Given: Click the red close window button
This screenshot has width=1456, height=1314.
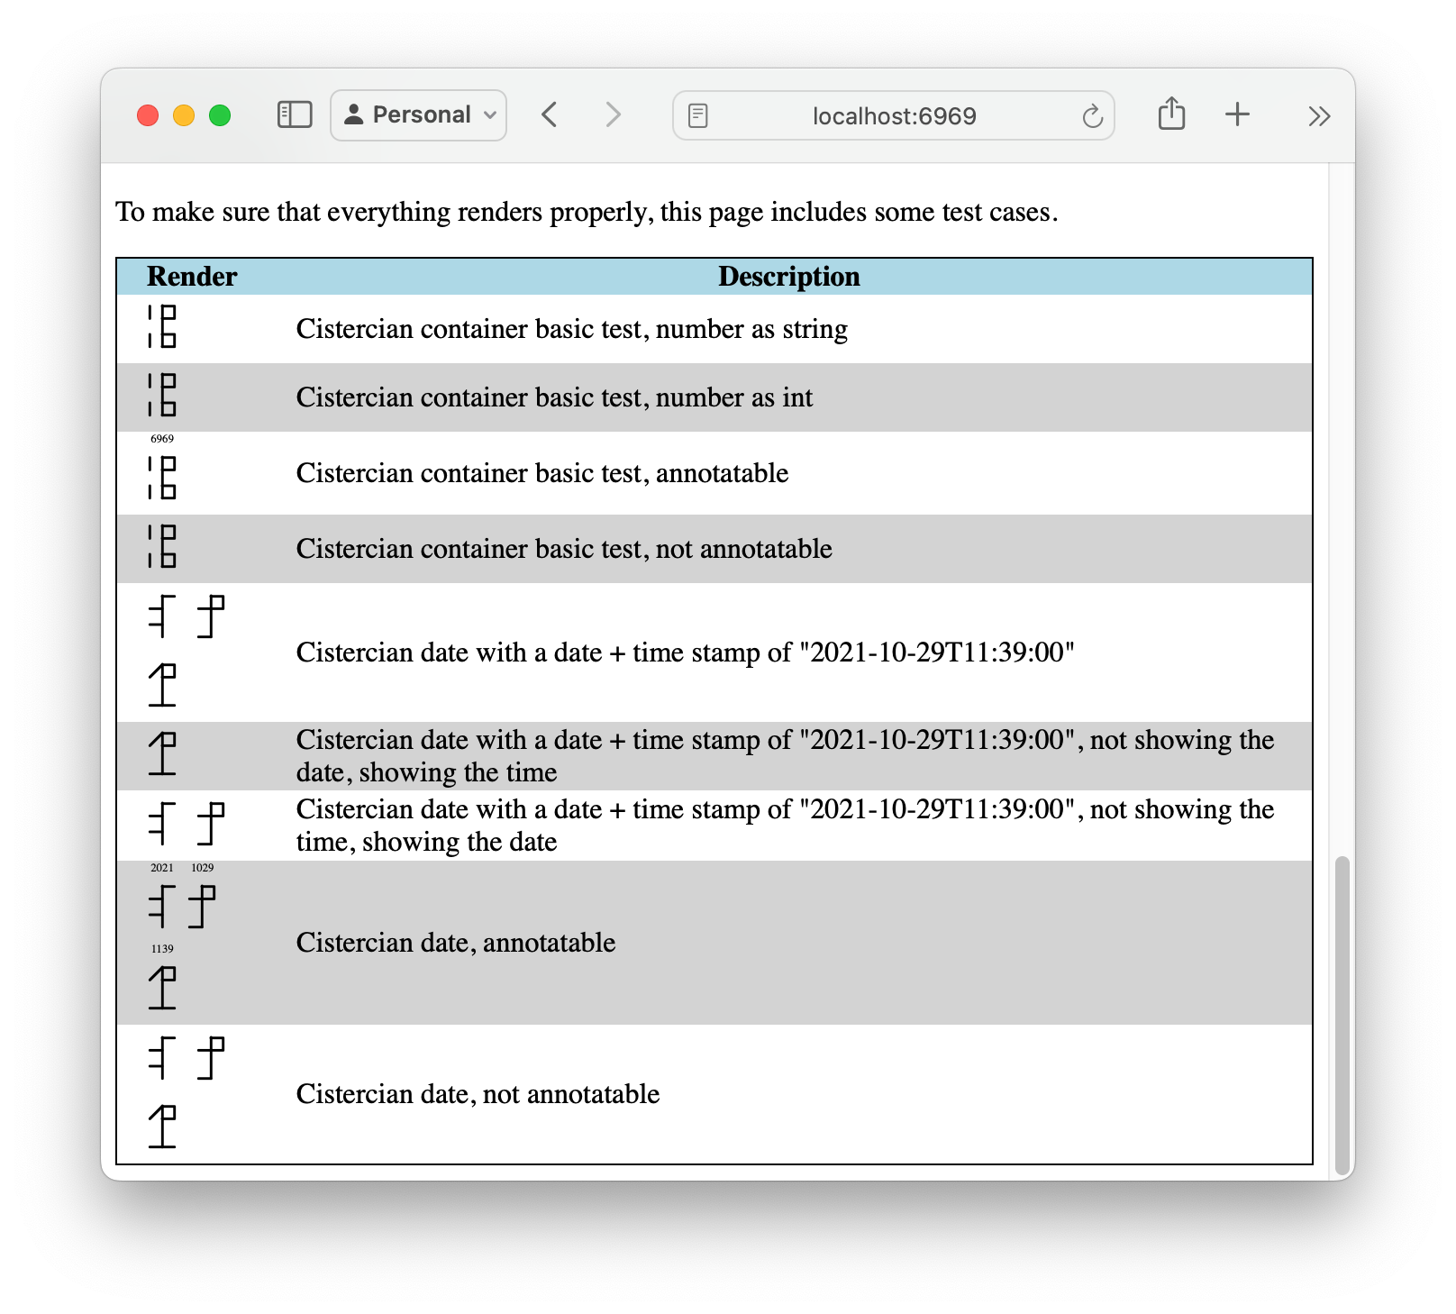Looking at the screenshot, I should pos(148,115).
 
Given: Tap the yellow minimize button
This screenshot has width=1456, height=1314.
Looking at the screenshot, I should pos(184,115).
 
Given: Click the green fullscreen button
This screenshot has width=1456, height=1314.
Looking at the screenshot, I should pos(220,115).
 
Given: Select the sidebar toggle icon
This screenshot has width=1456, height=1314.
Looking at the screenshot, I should pos(295,114).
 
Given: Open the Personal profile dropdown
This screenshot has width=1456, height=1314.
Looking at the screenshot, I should pos(419,115).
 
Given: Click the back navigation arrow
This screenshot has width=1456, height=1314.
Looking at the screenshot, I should pos(550,114).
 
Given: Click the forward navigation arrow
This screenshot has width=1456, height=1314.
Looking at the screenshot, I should pos(613,114).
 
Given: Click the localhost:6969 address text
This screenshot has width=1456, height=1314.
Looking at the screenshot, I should pos(894,116).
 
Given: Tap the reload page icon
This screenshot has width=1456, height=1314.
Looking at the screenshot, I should pos(1092,116).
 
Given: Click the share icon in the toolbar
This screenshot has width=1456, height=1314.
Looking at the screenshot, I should pos(1171,114).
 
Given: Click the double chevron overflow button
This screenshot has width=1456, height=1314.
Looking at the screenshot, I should pos(1319,116).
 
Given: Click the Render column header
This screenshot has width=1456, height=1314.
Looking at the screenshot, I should pos(192,277).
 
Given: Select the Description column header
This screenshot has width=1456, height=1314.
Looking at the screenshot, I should pos(788,277).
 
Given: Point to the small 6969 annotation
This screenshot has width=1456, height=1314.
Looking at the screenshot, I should pos(162,439).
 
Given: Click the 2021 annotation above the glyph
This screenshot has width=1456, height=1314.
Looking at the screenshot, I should pos(162,868).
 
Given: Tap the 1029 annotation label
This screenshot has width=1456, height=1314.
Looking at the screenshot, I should pos(203,868).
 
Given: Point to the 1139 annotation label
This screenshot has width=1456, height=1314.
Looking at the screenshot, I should pos(162,949).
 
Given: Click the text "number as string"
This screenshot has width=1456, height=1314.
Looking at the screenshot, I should pos(751,329).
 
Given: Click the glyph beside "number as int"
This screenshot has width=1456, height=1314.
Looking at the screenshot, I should pos(163,396).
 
